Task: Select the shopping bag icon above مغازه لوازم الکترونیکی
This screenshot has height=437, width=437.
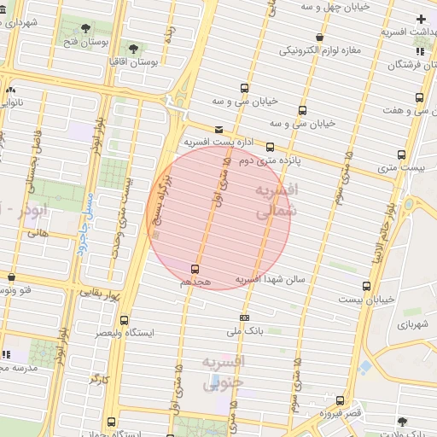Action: (x=319, y=37)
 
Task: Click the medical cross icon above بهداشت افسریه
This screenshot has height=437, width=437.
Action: (x=421, y=19)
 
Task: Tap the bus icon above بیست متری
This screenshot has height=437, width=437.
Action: (x=401, y=154)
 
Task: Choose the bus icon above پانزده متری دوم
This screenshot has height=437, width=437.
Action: (x=271, y=147)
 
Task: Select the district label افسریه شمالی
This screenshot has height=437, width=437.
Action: (x=277, y=197)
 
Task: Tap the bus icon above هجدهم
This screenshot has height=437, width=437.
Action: (x=195, y=268)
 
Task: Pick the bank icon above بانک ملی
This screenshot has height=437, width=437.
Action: (x=245, y=318)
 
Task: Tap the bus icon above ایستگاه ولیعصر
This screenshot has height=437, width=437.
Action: (x=125, y=320)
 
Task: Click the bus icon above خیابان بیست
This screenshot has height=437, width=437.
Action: (x=366, y=286)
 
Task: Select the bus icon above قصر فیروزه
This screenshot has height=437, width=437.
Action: (x=341, y=400)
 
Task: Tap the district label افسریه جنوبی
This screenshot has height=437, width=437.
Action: (x=224, y=373)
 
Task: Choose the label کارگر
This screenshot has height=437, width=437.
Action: (x=100, y=377)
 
